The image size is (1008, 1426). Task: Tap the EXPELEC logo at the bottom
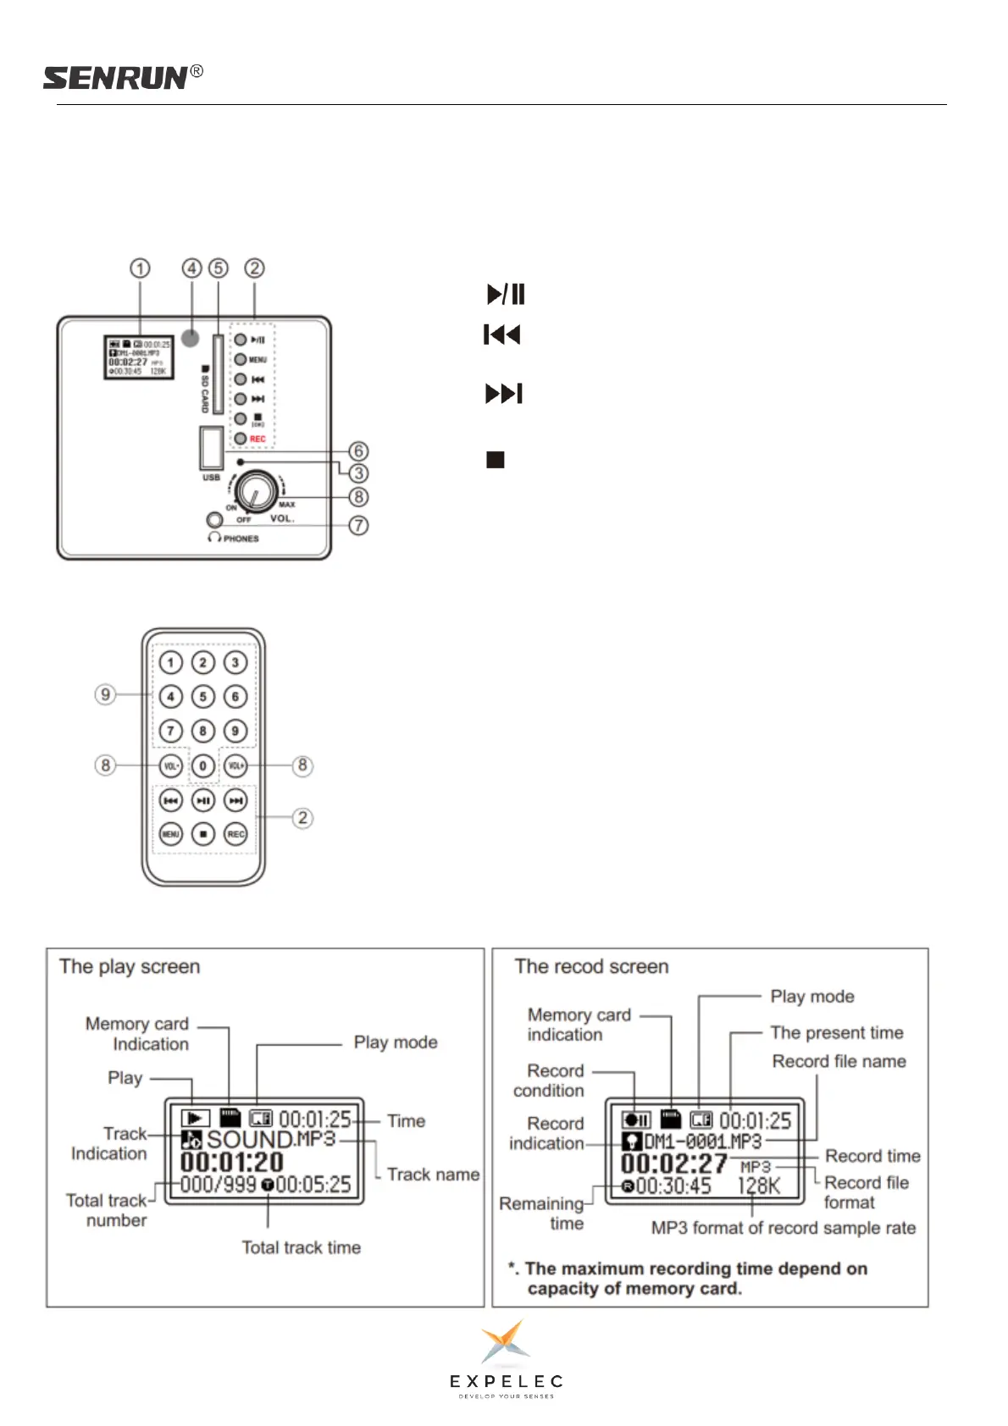point(506,1359)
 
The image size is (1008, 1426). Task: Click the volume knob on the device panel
point(256,489)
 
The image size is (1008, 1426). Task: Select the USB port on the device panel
point(211,447)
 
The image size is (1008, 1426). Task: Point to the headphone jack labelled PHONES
point(214,520)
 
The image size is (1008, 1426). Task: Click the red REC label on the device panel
point(258,439)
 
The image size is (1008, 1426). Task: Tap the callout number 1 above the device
point(140,268)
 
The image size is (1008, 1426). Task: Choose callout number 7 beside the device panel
point(359,525)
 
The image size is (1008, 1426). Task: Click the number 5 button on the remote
point(202,697)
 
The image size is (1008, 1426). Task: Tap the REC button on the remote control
point(235,834)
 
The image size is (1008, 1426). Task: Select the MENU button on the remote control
point(170,834)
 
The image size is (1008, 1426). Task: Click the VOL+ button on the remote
point(235,766)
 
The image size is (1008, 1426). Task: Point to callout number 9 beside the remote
point(105,694)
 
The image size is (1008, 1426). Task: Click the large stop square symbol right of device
point(496,460)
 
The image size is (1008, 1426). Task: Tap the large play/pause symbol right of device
point(507,294)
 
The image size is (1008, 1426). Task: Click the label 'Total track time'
point(301,1247)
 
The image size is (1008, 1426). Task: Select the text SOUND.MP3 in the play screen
point(271,1140)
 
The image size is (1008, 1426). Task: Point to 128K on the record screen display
point(758,1186)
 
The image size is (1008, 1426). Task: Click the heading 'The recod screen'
point(591,966)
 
